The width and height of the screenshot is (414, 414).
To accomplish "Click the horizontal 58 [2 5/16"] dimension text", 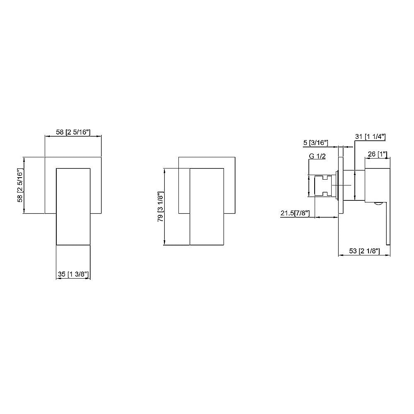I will click(x=73, y=132).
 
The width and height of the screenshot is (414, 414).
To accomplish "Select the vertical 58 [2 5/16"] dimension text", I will click(x=19, y=185).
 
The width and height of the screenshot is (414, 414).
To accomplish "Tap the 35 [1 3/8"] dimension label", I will click(x=73, y=274).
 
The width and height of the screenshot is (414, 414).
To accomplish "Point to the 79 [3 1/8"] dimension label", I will click(x=161, y=207).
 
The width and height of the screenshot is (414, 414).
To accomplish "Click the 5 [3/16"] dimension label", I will click(x=315, y=143).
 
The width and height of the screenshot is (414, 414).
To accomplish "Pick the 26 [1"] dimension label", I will click(x=377, y=154).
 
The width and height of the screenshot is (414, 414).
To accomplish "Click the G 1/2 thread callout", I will click(x=317, y=156).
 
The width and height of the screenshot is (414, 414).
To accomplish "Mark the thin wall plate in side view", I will click(x=341, y=186).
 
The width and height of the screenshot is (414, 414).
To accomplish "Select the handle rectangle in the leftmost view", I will click(x=73, y=206).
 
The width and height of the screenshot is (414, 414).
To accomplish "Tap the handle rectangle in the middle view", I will click(x=207, y=207).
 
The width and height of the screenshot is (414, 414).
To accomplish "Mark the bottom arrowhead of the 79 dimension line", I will click(x=165, y=243).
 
